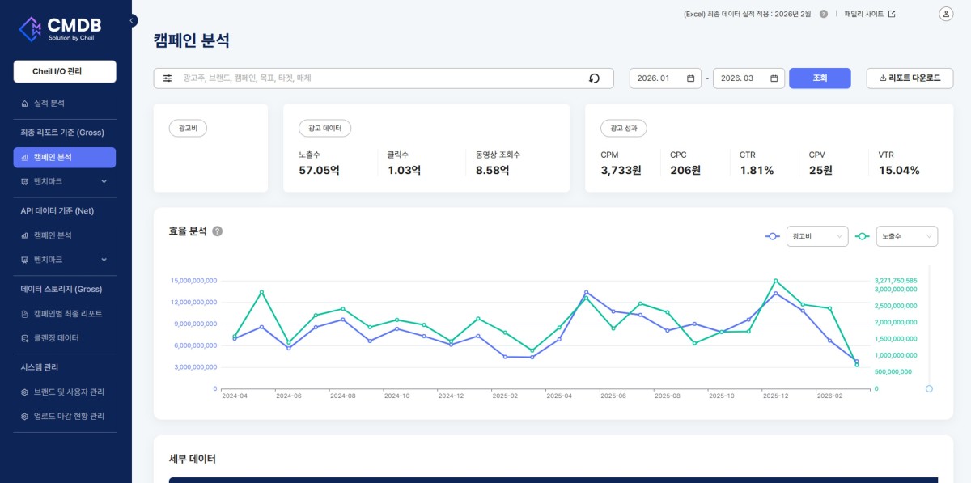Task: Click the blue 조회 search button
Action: coord(820,78)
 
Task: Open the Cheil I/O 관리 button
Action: coord(65,71)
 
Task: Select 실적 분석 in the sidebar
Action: coord(49,104)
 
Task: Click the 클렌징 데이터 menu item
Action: coord(57,338)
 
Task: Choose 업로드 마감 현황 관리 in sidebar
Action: coord(69,416)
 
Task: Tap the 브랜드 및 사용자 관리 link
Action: coord(69,392)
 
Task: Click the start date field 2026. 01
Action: coord(665,78)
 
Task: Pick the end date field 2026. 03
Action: coord(748,78)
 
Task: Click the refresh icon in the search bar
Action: coord(594,78)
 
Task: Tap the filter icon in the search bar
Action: coord(167,78)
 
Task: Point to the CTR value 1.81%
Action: coord(757,171)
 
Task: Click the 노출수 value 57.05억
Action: coord(319,171)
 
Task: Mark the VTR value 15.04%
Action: coord(899,171)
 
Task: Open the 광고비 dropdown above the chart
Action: coord(817,236)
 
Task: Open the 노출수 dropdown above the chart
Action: coord(907,236)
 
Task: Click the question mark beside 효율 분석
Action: coord(217,231)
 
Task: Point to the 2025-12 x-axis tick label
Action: coord(775,396)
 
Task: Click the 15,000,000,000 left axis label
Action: coord(193,281)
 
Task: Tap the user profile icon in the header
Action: coord(946,14)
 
